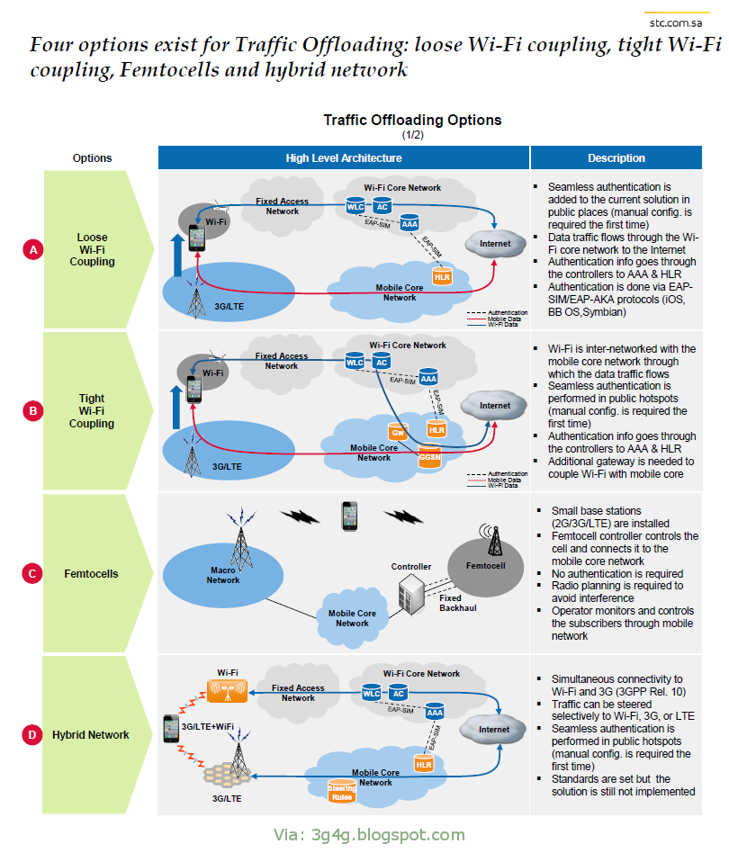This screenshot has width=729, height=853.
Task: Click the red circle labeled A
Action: [x=33, y=250]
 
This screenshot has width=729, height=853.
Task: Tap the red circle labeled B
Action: [x=33, y=411]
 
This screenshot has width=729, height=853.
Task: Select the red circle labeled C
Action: [x=33, y=573]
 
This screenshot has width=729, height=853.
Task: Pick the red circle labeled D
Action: [x=33, y=735]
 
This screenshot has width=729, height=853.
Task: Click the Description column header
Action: [x=616, y=158]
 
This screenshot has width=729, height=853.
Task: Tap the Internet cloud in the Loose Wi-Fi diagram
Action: [x=494, y=244]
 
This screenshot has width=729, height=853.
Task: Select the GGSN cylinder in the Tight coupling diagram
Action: [x=430, y=457]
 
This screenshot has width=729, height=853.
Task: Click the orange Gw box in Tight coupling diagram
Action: [x=397, y=433]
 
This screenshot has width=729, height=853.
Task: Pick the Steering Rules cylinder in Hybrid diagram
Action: [x=340, y=791]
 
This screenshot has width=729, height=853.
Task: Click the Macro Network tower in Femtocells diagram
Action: [x=240, y=539]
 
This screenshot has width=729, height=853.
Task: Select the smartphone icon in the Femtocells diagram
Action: [x=350, y=516]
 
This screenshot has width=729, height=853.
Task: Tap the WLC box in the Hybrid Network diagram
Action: [x=371, y=694]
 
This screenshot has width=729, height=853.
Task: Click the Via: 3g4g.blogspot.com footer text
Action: [x=369, y=835]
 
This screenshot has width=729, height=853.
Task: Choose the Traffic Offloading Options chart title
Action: [x=412, y=120]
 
